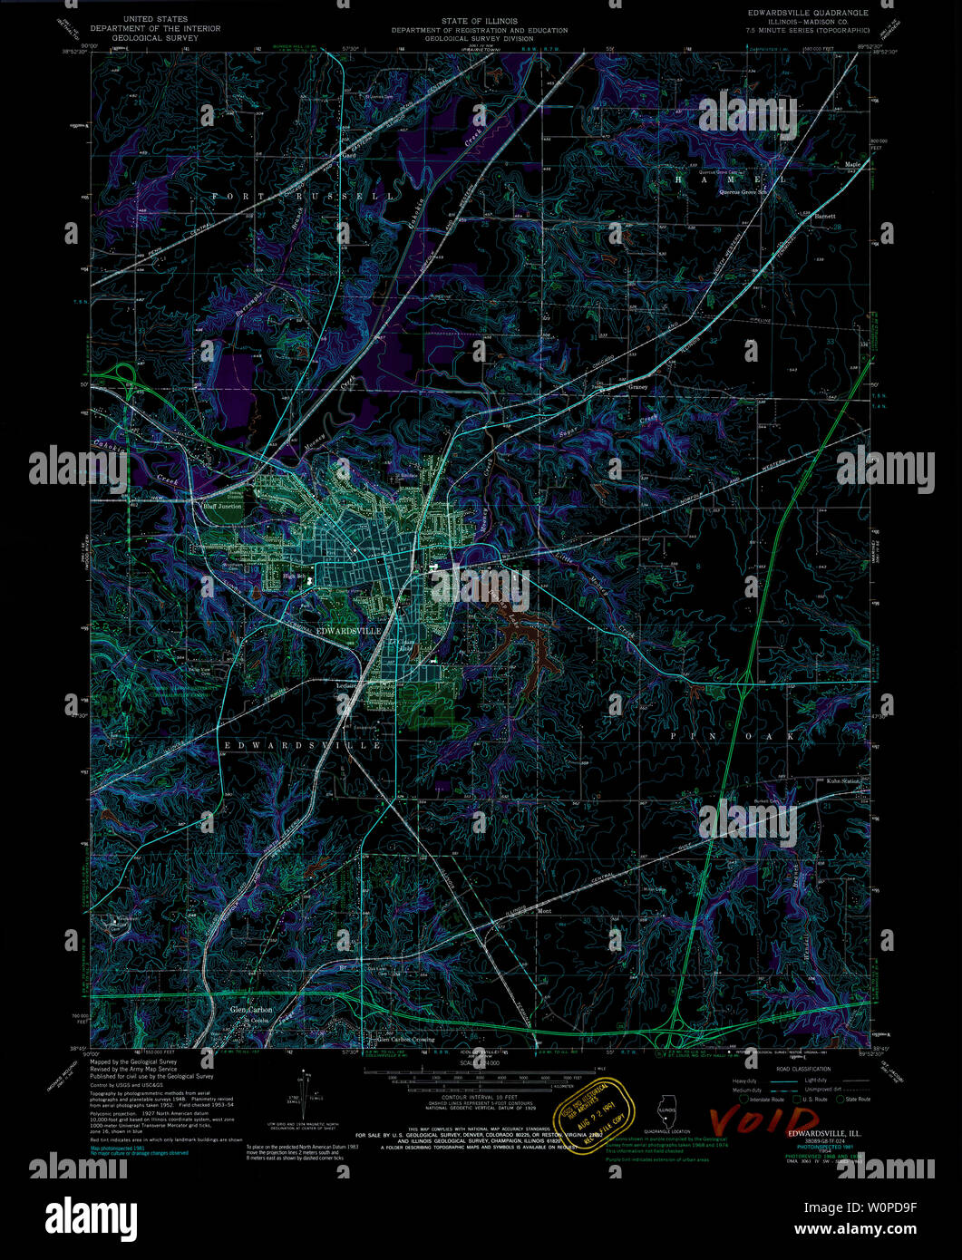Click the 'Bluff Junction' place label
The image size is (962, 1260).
click(x=222, y=508)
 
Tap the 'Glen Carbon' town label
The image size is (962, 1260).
click(x=250, y=1010)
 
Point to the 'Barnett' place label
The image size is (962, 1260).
click(x=824, y=217)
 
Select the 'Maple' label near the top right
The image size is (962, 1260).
click(x=852, y=164)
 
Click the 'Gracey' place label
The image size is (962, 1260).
click(x=638, y=387)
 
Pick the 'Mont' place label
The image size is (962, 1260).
click(x=545, y=911)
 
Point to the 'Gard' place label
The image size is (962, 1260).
click(x=347, y=156)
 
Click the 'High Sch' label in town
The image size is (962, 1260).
click(x=291, y=576)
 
